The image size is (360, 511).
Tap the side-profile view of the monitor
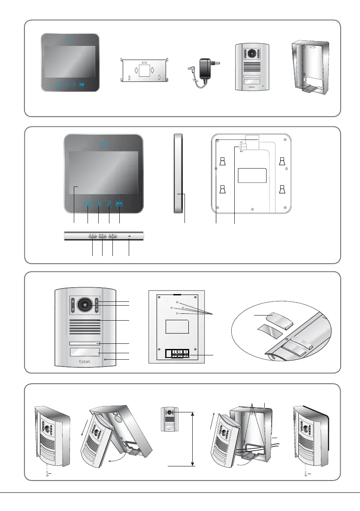178,173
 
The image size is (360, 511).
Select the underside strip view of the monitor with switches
104,235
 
